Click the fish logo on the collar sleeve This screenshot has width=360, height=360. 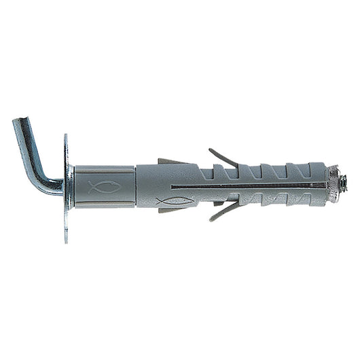105,186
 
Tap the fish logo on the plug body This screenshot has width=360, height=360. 174,201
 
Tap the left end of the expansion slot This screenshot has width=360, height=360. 174,185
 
